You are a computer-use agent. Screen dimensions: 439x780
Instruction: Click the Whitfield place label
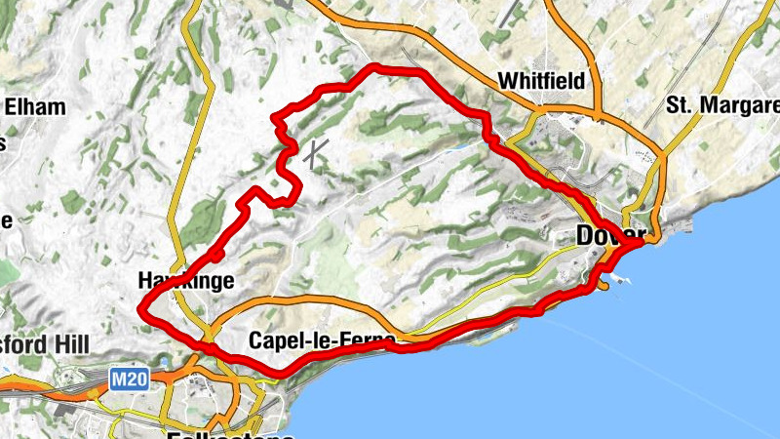[x=541, y=81]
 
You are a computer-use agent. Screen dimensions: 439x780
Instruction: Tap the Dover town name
[x=610, y=236]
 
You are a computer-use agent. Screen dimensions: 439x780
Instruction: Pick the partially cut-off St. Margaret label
[x=722, y=104]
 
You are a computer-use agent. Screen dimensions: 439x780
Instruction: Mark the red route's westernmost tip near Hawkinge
[x=142, y=311]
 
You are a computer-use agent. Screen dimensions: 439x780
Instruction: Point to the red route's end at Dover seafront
[x=641, y=242]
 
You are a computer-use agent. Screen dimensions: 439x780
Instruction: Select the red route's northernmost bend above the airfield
[x=375, y=67]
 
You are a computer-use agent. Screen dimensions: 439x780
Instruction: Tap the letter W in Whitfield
[x=506, y=81]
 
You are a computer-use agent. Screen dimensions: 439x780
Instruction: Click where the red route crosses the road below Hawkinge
[x=206, y=344]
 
